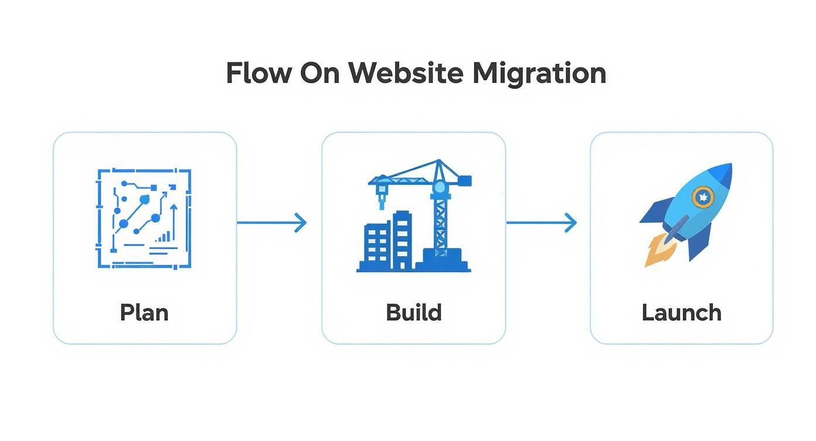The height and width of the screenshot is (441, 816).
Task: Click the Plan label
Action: (x=144, y=312)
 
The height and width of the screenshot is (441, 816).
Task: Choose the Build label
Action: (x=413, y=312)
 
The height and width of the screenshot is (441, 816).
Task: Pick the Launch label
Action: (x=681, y=312)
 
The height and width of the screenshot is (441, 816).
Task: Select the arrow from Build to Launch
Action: (x=541, y=223)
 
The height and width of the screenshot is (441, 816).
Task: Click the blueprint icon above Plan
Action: (x=144, y=219)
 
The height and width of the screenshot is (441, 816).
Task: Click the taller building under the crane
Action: (x=402, y=240)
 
